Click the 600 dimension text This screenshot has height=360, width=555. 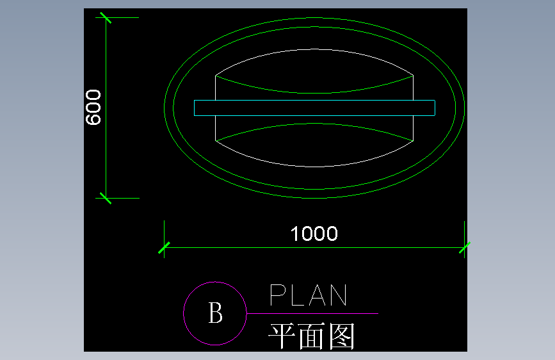[93, 108]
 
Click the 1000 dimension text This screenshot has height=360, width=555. [314, 234]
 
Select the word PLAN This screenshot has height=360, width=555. [309, 296]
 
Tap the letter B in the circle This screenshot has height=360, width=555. [215, 314]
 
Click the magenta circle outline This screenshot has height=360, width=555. [184, 314]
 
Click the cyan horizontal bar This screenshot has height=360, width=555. [314, 108]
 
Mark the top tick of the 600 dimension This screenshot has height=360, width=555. [105, 18]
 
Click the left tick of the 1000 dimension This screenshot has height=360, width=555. [165, 247]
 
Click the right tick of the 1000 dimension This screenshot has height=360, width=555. [464, 247]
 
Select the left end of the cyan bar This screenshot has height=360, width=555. [195, 108]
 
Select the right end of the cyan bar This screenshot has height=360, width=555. [434, 108]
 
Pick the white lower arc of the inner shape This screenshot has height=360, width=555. [314, 166]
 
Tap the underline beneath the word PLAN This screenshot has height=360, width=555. [314, 314]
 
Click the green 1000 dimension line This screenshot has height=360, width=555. [256, 247]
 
